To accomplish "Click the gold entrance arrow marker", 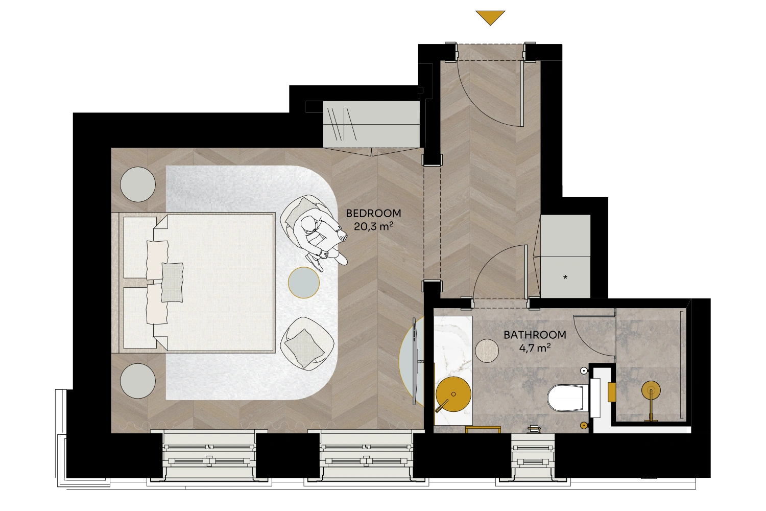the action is point(490,17).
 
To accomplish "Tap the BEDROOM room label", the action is point(373,214).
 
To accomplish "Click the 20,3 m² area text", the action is point(373,226).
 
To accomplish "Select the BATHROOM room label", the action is point(535,335).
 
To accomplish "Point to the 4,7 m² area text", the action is point(535,348).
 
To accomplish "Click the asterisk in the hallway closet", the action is point(565,277).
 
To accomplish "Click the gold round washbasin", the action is point(453,394).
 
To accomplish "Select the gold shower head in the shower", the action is point(651,390).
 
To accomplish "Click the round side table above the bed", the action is point(138,184).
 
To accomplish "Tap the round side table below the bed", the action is point(138,381).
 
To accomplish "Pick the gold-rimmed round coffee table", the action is point(304,283).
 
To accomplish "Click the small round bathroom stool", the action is point(487,351).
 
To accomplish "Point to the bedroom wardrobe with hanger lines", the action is point(371,124).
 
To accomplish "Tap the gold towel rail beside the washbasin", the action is point(483,429).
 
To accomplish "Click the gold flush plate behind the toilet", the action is point(611,392).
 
